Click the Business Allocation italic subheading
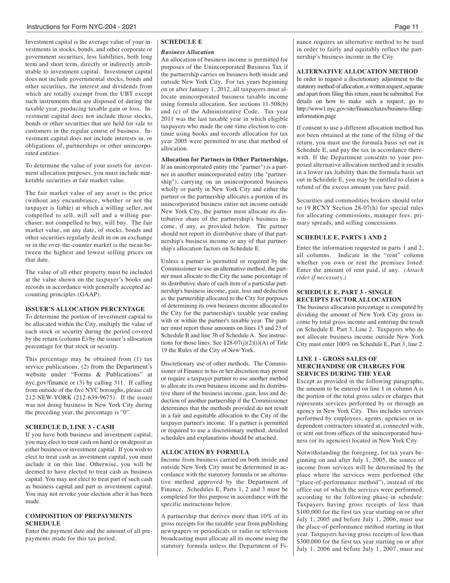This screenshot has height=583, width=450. pos(188,52)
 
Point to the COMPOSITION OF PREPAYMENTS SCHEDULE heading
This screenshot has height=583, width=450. pos(79,519)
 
